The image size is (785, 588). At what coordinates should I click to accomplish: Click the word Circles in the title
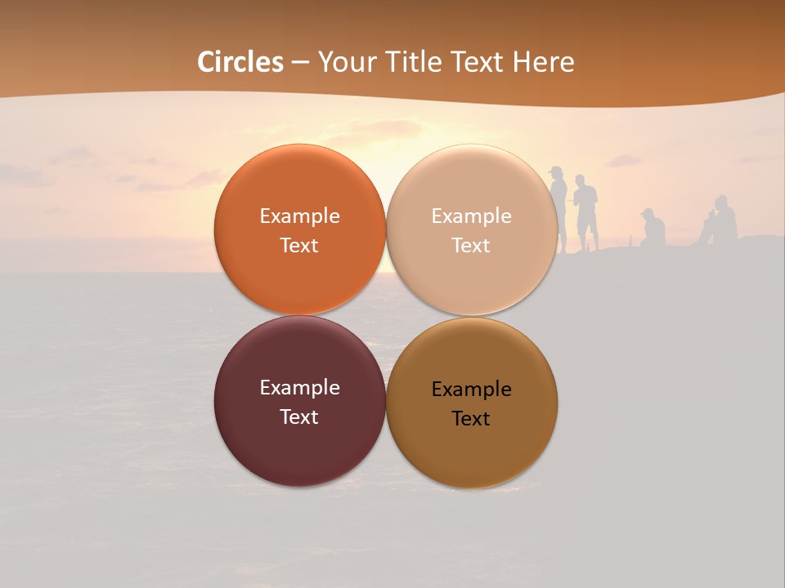240,62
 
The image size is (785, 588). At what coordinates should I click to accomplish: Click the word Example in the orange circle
299,216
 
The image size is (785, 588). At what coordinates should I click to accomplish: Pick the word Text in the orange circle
299,245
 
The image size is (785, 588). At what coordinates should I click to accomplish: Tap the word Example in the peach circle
471,216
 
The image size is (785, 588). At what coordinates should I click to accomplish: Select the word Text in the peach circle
471,245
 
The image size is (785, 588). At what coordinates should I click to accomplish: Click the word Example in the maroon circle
299,388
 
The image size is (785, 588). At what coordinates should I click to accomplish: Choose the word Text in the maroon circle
299,416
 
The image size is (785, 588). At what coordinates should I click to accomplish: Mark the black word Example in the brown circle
471,390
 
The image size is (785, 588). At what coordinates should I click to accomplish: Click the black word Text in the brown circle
471,418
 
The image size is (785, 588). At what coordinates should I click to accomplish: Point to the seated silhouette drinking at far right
721,220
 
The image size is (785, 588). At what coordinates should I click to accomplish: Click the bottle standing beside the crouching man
630,241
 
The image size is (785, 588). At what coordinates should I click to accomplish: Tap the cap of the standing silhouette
556,170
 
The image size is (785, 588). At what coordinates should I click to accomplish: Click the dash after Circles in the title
300,62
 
